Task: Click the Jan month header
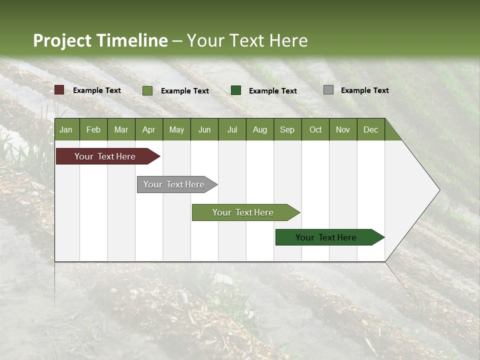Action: click(66, 129)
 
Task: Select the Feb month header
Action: click(93, 129)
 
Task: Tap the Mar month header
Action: click(121, 129)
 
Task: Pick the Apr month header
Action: click(149, 129)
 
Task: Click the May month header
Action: click(176, 129)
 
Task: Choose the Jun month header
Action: click(204, 129)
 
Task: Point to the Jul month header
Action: click(232, 129)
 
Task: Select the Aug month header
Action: click(260, 129)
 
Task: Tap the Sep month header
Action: click(287, 129)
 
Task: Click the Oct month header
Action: click(315, 129)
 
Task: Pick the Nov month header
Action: click(343, 129)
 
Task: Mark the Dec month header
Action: click(371, 129)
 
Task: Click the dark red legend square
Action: click(59, 90)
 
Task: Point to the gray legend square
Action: click(328, 90)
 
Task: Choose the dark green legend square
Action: click(236, 90)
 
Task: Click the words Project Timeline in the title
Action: click(100, 40)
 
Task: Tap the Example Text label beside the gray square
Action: click(364, 90)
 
